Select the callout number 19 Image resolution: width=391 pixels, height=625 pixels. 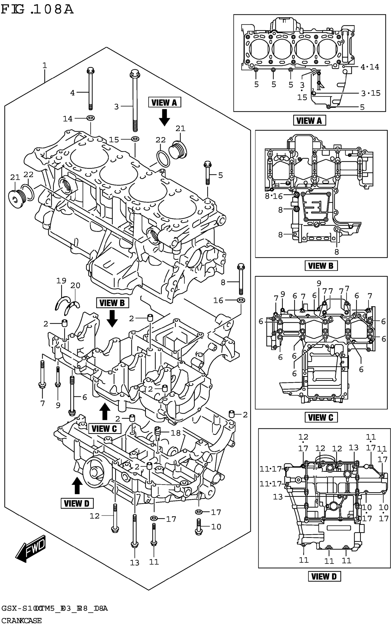(x=61, y=281)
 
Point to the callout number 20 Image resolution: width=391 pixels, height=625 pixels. (x=75, y=285)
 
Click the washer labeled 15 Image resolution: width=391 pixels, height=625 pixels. (x=135, y=139)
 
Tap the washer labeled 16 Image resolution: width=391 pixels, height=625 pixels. (x=241, y=300)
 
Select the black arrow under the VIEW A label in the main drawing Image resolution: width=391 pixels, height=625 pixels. (x=164, y=117)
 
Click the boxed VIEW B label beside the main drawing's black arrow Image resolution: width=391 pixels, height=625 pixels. (x=112, y=303)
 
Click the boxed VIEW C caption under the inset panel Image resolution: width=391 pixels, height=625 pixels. (x=321, y=417)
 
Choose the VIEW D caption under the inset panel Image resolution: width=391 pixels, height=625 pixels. (x=324, y=576)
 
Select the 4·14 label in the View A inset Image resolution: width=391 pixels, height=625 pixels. (x=370, y=67)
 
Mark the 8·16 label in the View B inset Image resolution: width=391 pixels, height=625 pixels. (x=274, y=196)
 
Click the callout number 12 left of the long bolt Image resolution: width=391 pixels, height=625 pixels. (x=95, y=516)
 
